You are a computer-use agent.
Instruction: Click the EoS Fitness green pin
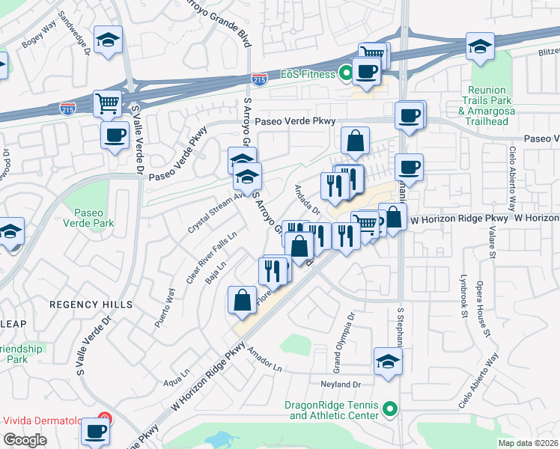point(346,73)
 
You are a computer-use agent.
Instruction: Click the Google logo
point(24,440)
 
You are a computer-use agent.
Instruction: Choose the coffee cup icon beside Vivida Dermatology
point(96,432)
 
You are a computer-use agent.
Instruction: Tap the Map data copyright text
point(529,443)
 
